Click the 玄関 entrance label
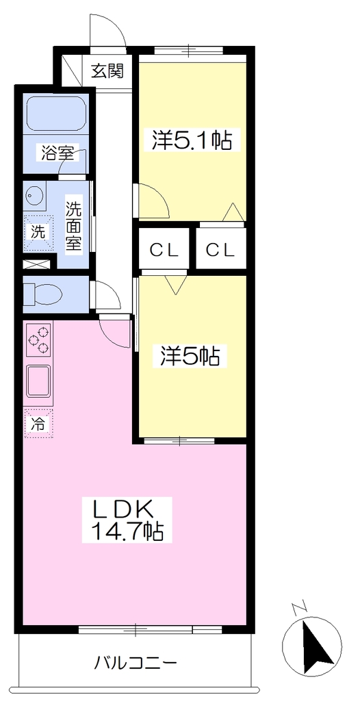coord(107,71)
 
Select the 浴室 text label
coord(57,153)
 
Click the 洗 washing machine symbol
coord(38,233)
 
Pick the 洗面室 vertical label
coord(73,227)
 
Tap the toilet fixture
coord(43,294)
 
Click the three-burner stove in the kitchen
coord(38,340)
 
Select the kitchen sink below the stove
coord(39,381)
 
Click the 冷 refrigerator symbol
coord(38,423)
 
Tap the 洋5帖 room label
coord(190,356)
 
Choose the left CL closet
coord(164,249)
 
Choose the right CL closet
coord(221,249)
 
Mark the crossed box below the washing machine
coord(36,264)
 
